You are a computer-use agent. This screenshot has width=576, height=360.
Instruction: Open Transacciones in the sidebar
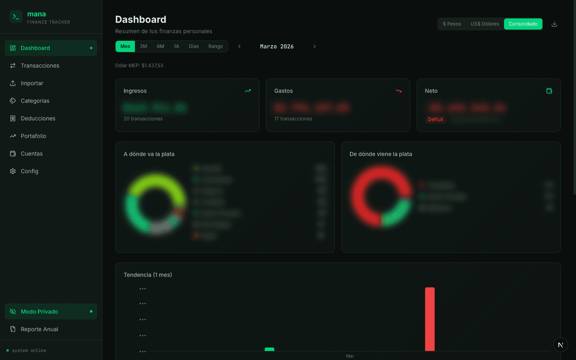pyautogui.click(x=40, y=66)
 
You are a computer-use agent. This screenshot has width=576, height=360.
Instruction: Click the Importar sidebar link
pyautogui.click(x=32, y=83)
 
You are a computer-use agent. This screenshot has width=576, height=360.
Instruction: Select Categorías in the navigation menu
pyautogui.click(x=35, y=101)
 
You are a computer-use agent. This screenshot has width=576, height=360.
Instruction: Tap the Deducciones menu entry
pyautogui.click(x=38, y=118)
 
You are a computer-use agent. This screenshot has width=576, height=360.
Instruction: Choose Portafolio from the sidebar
pyautogui.click(x=33, y=136)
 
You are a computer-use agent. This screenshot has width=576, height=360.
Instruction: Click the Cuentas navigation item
pyautogui.click(x=32, y=154)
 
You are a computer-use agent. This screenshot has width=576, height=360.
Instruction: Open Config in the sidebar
pyautogui.click(x=30, y=171)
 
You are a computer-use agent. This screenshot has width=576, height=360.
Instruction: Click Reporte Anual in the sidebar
pyautogui.click(x=39, y=329)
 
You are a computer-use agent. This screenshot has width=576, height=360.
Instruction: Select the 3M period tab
pyautogui.click(x=144, y=46)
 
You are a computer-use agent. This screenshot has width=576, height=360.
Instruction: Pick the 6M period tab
pyautogui.click(x=160, y=46)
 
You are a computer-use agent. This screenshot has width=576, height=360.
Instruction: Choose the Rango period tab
pyautogui.click(x=216, y=46)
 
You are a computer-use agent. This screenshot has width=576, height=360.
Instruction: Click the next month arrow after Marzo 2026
pyautogui.click(x=314, y=46)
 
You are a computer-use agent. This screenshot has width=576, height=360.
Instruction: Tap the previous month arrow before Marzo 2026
pyautogui.click(x=240, y=46)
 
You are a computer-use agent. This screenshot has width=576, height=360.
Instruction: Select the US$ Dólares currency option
pyautogui.click(x=485, y=24)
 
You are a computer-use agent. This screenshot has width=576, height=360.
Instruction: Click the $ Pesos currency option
pyautogui.click(x=452, y=24)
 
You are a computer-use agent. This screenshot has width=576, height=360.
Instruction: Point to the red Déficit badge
pyautogui.click(x=435, y=120)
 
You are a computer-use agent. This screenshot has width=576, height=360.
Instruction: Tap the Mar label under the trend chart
pyautogui.click(x=350, y=356)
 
